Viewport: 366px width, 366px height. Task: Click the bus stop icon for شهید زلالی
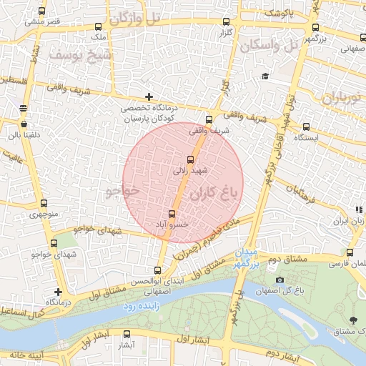189,159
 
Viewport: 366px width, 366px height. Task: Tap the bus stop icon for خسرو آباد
172,214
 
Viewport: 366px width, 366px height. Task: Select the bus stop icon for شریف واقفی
209,119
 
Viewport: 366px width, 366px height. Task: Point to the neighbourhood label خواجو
119,192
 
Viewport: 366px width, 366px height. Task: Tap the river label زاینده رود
139,306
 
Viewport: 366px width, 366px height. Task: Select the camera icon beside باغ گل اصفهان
280,280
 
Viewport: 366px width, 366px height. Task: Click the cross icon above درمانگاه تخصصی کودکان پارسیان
149,97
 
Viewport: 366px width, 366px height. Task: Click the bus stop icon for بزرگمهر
315,28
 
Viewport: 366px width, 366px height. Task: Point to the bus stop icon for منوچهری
44,203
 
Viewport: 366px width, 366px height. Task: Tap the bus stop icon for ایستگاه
306,126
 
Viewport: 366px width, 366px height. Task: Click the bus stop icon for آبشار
127,334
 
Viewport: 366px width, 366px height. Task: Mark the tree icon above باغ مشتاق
353,320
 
